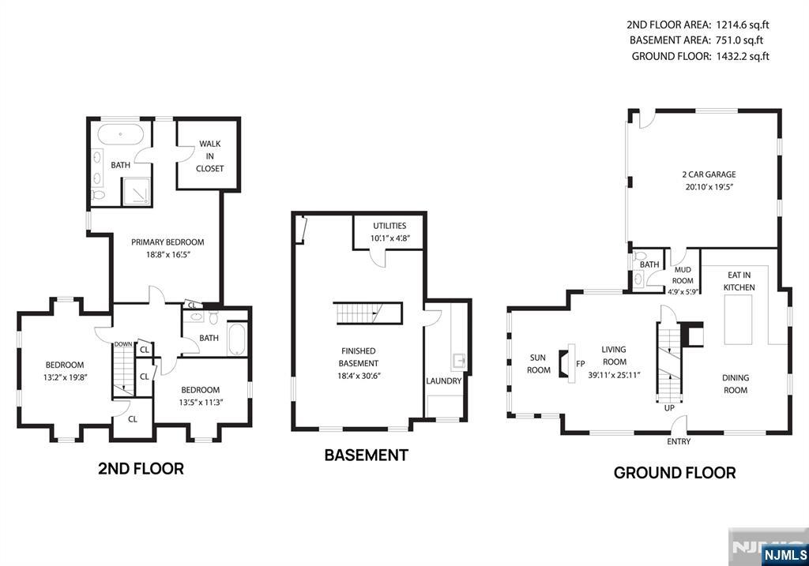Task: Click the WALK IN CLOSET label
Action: tap(210, 156)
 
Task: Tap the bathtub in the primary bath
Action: tap(121, 135)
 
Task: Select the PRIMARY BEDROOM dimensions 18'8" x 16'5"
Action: tap(167, 254)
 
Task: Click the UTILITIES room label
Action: tap(389, 225)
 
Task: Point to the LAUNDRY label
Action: tap(444, 381)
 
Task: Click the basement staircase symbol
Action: tap(368, 313)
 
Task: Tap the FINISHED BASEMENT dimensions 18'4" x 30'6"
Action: tap(359, 376)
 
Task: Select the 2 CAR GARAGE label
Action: tap(709, 174)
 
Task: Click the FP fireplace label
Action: tap(581, 363)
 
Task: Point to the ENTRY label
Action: tap(679, 441)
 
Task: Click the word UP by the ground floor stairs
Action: tap(669, 408)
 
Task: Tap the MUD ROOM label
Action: tap(683, 276)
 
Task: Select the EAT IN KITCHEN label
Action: tap(739, 281)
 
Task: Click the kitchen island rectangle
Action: tap(739, 320)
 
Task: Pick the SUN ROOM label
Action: tap(539, 363)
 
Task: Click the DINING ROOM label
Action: tap(736, 384)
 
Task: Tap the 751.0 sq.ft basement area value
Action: tap(739, 40)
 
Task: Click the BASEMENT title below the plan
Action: tap(367, 455)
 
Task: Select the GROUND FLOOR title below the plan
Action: tap(675, 473)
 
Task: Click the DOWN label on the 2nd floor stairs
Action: tap(122, 344)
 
